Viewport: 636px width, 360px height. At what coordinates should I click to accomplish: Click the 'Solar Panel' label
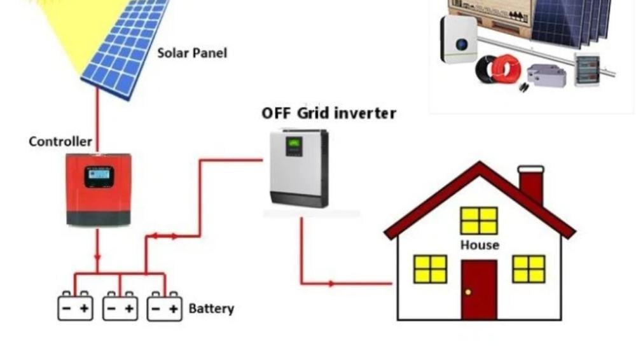192,53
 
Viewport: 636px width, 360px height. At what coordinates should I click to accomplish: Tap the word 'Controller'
60,141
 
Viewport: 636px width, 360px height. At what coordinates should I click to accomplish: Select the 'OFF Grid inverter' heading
329,113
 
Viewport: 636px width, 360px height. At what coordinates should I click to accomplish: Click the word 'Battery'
211,308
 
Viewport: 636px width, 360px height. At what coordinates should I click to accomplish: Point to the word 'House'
480,245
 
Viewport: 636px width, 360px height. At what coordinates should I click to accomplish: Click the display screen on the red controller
99,176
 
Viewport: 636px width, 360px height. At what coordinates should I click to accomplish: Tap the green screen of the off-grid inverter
293,146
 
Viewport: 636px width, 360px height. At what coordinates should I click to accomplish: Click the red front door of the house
479,289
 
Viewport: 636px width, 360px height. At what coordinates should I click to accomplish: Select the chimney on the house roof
531,184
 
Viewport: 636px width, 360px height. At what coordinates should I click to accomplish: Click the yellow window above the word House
479,220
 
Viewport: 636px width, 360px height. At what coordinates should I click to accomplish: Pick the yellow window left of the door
430,268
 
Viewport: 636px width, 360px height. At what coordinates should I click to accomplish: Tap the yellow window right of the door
529,268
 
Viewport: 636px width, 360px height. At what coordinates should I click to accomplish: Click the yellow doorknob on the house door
468,292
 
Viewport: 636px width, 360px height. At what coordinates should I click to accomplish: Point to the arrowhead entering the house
331,283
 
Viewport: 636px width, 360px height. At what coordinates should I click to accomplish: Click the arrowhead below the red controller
97,258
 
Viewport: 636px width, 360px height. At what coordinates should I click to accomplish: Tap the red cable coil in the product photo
507,69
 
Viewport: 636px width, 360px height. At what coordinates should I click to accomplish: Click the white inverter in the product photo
459,39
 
